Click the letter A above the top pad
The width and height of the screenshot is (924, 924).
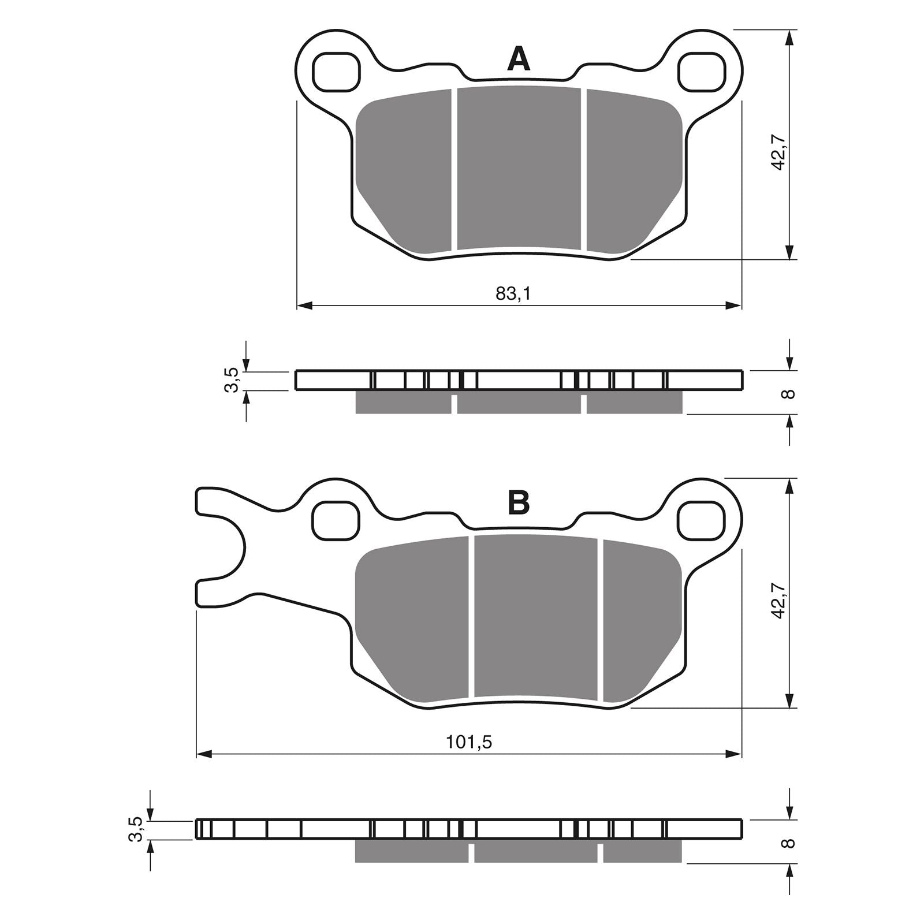[x=518, y=59]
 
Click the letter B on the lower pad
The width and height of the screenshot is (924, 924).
[x=518, y=503]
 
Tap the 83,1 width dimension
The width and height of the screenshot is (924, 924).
[x=513, y=294]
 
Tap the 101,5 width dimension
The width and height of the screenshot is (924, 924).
[x=468, y=742]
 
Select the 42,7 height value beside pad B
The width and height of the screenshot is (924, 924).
[x=779, y=601]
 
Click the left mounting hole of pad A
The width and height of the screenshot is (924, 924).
[x=336, y=72]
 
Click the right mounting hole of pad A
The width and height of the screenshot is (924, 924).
[x=701, y=72]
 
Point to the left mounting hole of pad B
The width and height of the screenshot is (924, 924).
[x=336, y=520]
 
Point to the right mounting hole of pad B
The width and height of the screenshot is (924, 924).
[x=701, y=520]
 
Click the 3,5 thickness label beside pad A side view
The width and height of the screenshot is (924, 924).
[x=231, y=381]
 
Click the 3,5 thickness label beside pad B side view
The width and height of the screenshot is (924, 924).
[x=135, y=829]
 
